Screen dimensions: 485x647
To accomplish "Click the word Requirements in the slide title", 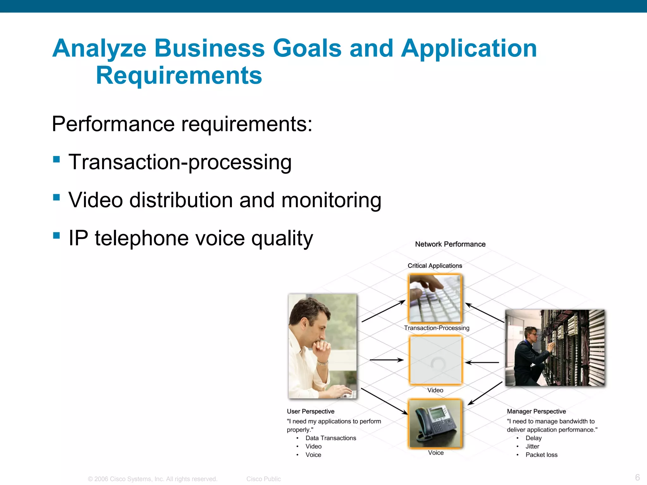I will tap(179, 76).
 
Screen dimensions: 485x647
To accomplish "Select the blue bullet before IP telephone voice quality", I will tap(57, 236).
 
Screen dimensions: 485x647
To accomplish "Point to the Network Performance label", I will tap(450, 244).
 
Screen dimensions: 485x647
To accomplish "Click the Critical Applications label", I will tap(435, 266).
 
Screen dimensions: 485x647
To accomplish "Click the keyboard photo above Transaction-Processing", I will tap(435, 298).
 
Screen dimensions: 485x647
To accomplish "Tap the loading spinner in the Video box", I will tap(438, 364).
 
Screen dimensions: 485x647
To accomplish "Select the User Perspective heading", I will tap(310, 411).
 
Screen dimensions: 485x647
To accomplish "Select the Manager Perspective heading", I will tap(536, 411).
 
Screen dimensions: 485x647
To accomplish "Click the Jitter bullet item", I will tap(532, 446).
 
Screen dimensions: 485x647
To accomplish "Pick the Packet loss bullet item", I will tap(541, 455).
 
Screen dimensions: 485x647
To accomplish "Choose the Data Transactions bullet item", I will tap(330, 438).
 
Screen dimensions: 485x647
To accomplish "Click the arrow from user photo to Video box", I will tap(386, 360).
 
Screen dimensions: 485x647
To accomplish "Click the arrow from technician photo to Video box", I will tap(482, 362).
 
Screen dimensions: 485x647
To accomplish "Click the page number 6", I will tap(637, 477).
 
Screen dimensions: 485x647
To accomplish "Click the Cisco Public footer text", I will tap(263, 479).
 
